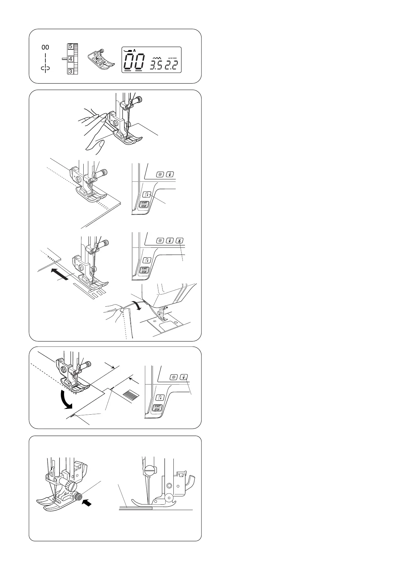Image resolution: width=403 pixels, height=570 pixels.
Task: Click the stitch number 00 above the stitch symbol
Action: [45, 47]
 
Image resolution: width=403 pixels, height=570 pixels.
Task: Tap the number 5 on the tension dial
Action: [70, 47]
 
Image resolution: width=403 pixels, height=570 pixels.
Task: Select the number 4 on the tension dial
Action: [70, 59]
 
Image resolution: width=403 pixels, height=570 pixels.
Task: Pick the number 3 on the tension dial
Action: [70, 71]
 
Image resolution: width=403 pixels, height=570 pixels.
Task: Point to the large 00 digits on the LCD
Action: [134, 62]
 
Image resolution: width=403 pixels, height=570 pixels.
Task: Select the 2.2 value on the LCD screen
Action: [171, 65]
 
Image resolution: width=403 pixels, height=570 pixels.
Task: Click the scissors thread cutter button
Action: [180, 241]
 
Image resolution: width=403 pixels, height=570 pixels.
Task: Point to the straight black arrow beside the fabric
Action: [59, 274]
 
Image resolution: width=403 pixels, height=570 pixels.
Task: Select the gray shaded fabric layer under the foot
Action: [136, 508]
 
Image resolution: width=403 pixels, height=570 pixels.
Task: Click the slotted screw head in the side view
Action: [148, 471]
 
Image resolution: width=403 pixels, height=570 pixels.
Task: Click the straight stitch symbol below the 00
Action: [46, 63]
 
